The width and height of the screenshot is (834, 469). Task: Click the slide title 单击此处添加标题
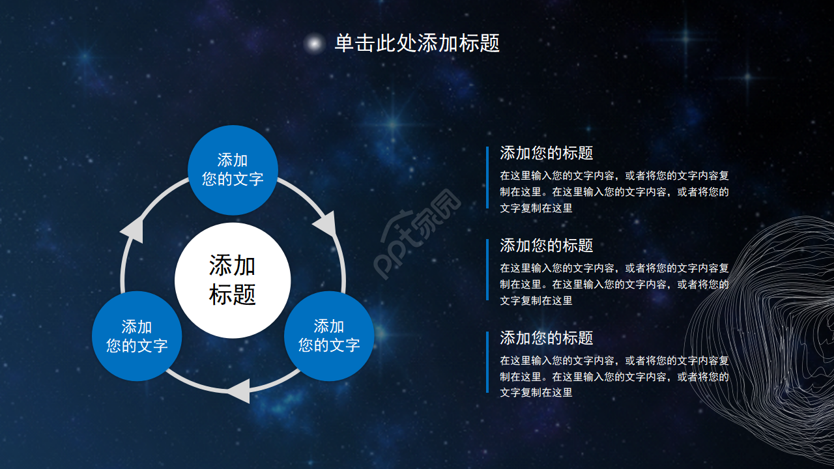coord(417,44)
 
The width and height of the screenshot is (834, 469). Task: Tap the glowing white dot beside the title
coord(315,44)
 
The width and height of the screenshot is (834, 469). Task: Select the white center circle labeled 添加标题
coord(233,280)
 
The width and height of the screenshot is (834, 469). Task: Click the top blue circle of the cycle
coord(233,169)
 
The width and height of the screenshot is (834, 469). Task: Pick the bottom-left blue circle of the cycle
coord(137,336)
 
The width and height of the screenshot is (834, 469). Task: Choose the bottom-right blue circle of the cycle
coord(328,336)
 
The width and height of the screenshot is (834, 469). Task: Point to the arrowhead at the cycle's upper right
coord(325,224)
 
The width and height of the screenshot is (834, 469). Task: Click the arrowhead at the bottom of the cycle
coord(238,390)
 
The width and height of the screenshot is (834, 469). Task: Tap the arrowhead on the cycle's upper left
coord(133,229)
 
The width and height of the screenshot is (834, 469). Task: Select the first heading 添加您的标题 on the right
coord(546,153)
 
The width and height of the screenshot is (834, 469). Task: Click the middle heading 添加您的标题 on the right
coord(546,246)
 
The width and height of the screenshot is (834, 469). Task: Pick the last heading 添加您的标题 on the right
coord(546,338)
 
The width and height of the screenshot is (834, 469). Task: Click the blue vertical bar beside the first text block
coord(487,177)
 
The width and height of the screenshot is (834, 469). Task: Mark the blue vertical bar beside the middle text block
coord(487,270)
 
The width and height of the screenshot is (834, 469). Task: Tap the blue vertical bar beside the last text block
coord(487,362)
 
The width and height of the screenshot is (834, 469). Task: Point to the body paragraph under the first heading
coord(614,192)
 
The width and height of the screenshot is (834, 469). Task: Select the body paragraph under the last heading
coord(614,377)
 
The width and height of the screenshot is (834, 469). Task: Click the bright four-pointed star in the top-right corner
coord(747,77)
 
